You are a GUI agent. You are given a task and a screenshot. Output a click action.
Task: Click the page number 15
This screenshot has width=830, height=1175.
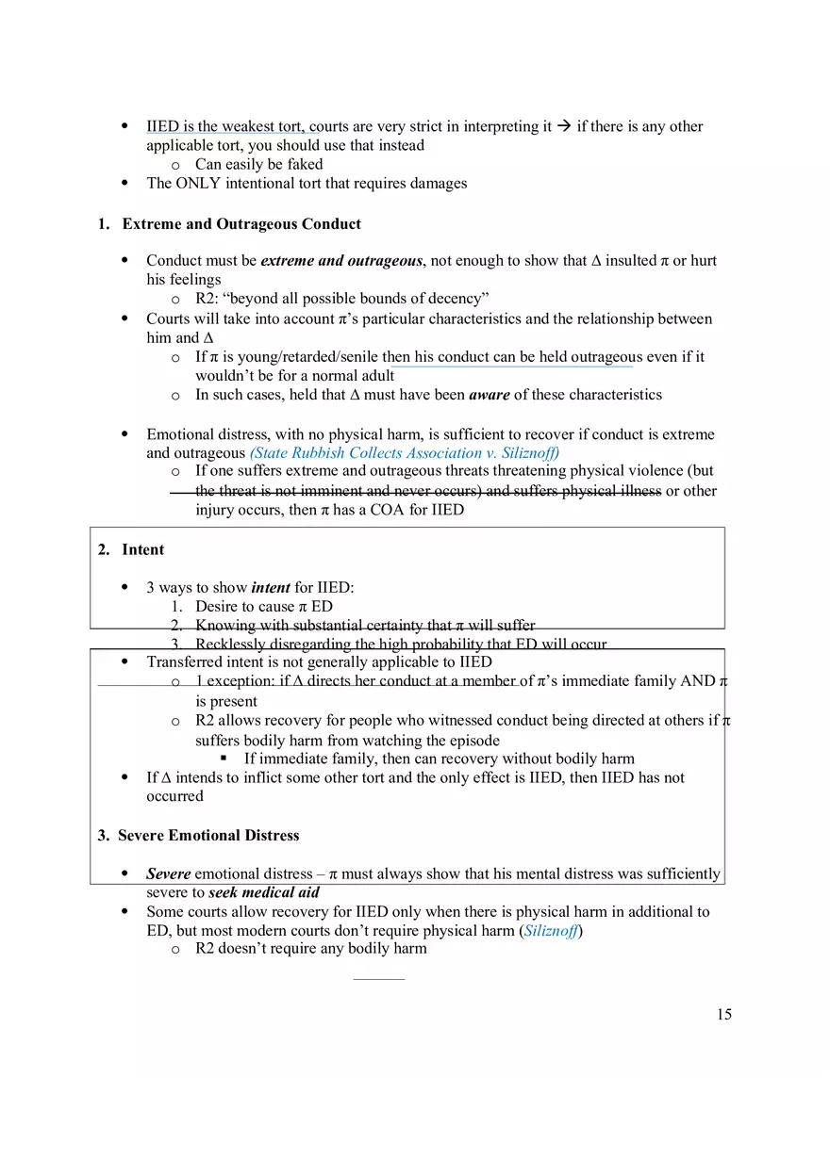tap(723, 1015)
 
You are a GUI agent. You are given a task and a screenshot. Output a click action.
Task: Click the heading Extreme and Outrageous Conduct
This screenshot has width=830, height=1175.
tap(241, 224)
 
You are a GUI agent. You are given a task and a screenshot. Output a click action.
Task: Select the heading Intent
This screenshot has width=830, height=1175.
tap(142, 549)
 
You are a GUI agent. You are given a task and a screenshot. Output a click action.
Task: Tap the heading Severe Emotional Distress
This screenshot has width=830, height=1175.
tap(208, 836)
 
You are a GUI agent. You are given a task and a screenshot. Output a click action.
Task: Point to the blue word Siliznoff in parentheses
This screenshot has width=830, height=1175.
tap(551, 930)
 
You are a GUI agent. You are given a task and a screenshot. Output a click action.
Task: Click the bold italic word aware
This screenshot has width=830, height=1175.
tap(489, 395)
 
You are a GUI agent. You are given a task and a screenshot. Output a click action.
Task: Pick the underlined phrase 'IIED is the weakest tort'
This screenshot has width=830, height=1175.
tap(225, 126)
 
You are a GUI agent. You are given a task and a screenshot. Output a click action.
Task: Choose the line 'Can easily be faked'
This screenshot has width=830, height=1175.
tap(258, 164)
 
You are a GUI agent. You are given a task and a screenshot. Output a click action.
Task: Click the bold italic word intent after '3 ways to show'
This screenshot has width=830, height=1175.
tap(271, 587)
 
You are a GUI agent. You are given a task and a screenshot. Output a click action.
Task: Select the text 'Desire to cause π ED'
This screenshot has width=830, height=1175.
tap(263, 606)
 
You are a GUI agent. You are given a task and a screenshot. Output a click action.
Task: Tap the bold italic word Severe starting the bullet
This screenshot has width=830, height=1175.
tap(169, 873)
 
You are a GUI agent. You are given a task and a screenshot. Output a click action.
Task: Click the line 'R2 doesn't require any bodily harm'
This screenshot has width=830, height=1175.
tap(310, 949)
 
